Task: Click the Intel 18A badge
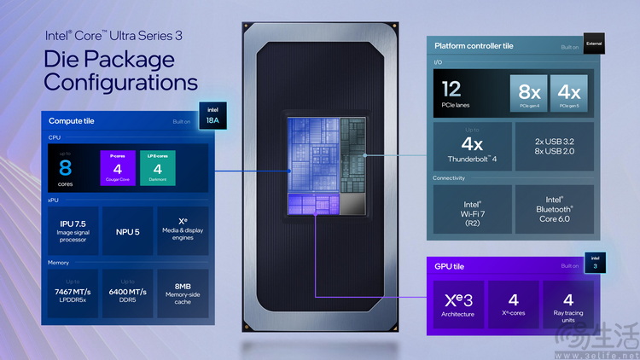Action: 210,115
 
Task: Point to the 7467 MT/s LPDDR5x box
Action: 72,293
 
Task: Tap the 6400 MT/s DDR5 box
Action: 128,293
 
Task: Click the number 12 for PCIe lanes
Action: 452,88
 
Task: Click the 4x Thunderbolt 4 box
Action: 472,146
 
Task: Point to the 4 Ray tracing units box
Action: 567,304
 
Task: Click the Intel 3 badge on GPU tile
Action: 595,261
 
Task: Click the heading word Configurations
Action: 120,82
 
